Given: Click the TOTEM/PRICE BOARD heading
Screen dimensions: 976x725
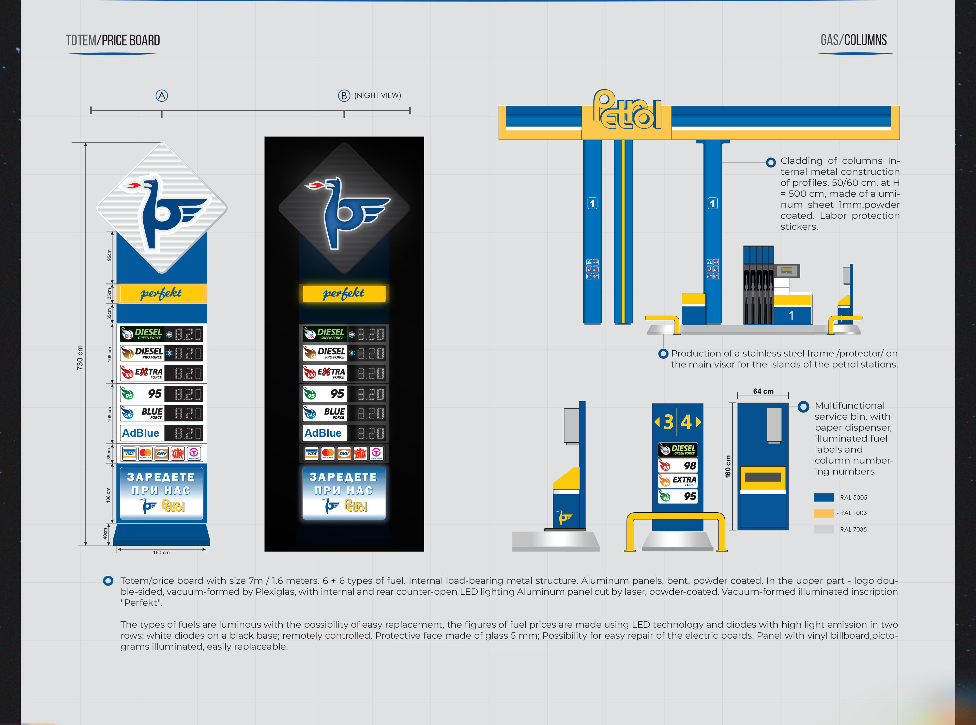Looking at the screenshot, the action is [113, 40].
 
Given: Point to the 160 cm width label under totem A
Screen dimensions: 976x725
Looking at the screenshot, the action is [161, 553].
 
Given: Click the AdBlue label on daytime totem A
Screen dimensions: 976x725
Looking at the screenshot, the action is [141, 433].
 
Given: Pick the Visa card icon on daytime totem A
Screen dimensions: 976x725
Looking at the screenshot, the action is [129, 453].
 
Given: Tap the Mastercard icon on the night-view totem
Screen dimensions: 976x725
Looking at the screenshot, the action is [328, 453].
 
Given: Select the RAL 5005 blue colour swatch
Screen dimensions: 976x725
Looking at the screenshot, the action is [823, 497].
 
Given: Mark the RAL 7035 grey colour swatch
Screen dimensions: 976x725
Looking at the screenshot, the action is [823, 529].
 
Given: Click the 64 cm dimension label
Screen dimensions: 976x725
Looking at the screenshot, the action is [763, 391].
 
